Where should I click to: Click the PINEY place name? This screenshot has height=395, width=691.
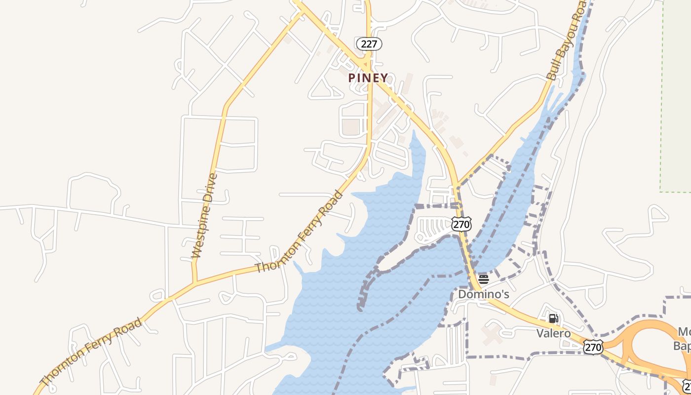coord(368,78)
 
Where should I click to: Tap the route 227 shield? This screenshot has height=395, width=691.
coord(369,44)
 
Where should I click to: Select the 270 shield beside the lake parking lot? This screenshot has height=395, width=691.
coord(461,225)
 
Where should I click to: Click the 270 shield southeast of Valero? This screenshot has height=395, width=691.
coord(592,347)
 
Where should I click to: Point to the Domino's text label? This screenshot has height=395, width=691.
coord(483,294)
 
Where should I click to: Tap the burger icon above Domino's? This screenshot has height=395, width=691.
coord(483,279)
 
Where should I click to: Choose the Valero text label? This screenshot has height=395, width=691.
coord(553,333)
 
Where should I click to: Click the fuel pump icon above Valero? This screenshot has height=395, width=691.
coord(553,318)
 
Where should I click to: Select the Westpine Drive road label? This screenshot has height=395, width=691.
coord(204,216)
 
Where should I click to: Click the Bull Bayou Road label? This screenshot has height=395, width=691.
coord(568,40)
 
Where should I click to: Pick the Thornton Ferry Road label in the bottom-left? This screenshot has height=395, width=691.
coord(91,352)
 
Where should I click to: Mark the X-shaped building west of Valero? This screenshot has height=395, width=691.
coord(492,334)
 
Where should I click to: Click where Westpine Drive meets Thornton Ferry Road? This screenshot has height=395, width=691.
coord(195,283)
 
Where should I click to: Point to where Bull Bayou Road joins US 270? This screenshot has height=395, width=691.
coord(456,186)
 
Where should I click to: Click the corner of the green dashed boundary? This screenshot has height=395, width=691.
coord(661,191)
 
